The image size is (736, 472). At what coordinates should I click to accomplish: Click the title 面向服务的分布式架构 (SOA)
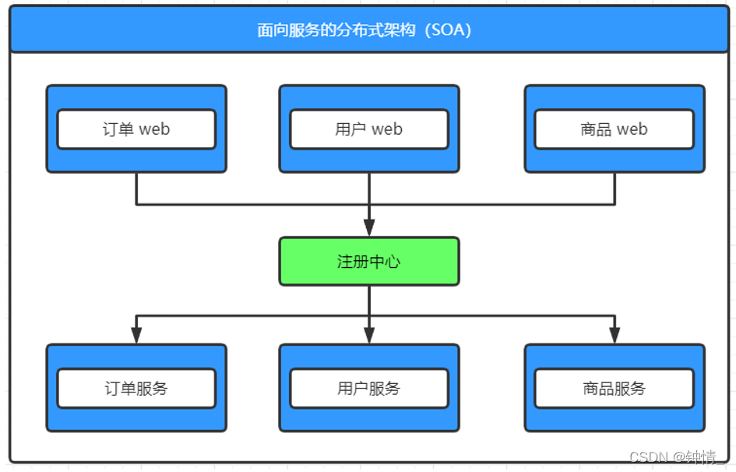coord(364,30)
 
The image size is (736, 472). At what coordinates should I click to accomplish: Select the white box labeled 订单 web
coord(136,129)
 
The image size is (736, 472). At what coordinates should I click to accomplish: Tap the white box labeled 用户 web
coord(369,129)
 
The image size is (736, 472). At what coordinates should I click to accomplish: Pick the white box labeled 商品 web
coord(614,129)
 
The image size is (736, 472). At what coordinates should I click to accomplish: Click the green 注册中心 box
coord(369,262)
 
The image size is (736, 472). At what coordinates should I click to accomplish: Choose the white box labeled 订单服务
coord(136,389)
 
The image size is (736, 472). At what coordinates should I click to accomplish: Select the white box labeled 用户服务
coord(369,389)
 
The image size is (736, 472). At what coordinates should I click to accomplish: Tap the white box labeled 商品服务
coord(614,389)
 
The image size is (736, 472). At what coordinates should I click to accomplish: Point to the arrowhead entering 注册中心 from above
coord(369,227)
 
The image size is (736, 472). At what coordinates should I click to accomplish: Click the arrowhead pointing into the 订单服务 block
coord(136,335)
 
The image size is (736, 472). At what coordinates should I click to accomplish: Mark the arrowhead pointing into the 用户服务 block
coord(369,335)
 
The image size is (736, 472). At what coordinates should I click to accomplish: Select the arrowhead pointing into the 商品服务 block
coord(615,335)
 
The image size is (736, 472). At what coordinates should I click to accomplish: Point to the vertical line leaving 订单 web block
coord(136,188)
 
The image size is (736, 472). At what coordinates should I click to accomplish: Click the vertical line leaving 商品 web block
coord(615,188)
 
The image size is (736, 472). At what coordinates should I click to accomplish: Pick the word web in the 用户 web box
coord(387,129)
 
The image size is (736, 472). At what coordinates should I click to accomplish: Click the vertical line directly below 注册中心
coord(369,300)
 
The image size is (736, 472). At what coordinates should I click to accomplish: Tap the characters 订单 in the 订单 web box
coord(118,129)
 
